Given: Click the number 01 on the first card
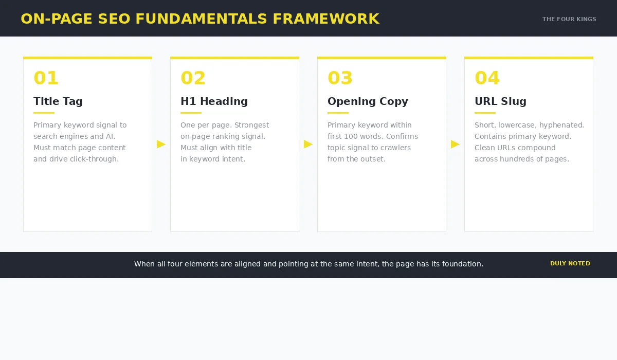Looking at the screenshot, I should (x=46, y=78).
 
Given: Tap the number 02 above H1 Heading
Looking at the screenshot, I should (x=193, y=78).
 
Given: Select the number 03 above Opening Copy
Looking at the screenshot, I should (x=340, y=78).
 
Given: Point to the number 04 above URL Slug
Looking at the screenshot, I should (x=487, y=78).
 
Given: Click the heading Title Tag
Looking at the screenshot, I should (x=58, y=101).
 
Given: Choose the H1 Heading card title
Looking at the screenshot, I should (x=214, y=101).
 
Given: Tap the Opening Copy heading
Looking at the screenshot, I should (x=368, y=101).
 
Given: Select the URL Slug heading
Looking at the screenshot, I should (x=500, y=101).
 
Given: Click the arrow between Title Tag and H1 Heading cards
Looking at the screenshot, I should (x=161, y=144).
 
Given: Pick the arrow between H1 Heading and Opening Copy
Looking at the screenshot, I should (x=308, y=144).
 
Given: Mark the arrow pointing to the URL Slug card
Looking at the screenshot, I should (x=455, y=144).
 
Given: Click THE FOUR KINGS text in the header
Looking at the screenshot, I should (x=569, y=20).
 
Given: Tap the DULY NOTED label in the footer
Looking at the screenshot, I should (x=570, y=263).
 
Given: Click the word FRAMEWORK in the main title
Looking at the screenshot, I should (x=326, y=19).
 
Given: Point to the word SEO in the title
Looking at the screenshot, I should (x=113, y=19).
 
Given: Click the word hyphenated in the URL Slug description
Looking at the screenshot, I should (x=561, y=125).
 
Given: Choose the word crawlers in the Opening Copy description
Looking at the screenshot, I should (x=395, y=148).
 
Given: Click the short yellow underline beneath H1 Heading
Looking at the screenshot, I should (x=191, y=113).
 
